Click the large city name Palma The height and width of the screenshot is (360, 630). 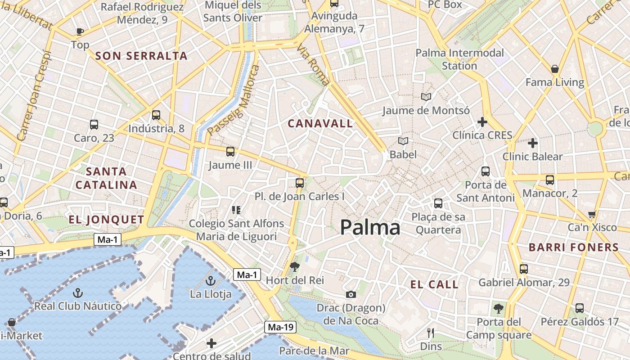click(x=370, y=228)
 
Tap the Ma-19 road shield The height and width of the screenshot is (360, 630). click(x=280, y=327)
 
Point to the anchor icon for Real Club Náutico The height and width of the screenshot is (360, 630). click(x=78, y=293)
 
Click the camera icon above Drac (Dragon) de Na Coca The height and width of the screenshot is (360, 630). click(x=351, y=294)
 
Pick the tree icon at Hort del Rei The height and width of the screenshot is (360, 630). click(x=295, y=267)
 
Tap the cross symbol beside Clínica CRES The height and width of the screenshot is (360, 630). click(x=482, y=122)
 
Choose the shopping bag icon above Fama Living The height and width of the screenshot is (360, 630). click(x=555, y=69)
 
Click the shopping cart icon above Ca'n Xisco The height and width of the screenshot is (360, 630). click(x=592, y=214)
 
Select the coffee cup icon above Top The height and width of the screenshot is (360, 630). click(x=80, y=31)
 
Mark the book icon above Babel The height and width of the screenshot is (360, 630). click(x=403, y=141)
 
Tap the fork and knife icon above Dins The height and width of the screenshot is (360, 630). click(x=431, y=333)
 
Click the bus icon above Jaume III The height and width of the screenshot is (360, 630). click(x=230, y=152)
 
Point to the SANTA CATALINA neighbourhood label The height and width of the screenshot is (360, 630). click(x=106, y=178)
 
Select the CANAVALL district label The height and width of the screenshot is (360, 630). click(x=320, y=123)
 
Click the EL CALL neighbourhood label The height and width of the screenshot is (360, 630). click(x=434, y=284)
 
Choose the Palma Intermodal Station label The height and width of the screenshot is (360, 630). click(x=459, y=59)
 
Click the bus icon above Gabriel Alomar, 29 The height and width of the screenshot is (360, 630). click(x=524, y=269)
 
